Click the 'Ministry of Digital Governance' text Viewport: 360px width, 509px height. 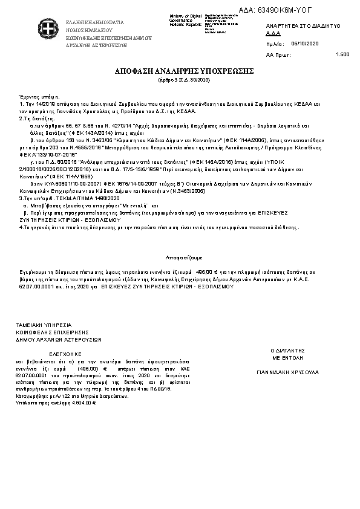(184, 18)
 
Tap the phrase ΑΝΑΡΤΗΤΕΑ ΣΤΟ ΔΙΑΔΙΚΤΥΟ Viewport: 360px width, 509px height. (303, 27)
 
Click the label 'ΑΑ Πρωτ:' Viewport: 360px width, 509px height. (276, 54)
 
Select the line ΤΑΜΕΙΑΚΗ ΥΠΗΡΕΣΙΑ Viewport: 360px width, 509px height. (43, 325)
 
